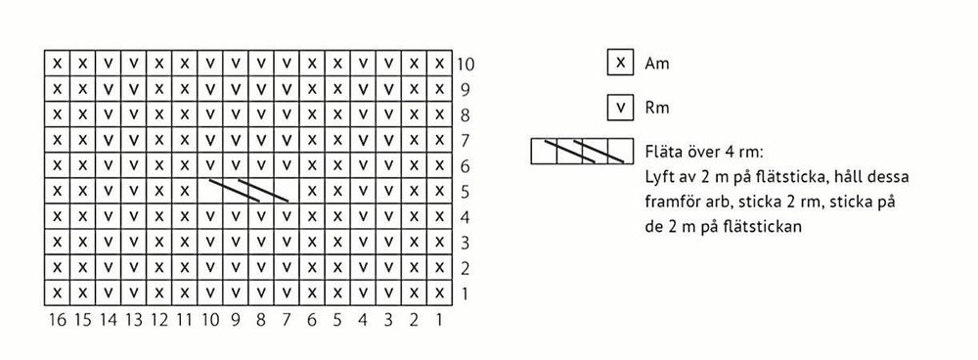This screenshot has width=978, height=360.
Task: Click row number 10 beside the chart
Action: [x=466, y=65]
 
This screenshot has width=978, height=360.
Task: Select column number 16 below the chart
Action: [x=57, y=320]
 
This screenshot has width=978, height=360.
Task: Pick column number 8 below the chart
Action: [x=261, y=320]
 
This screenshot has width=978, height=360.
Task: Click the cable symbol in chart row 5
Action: [x=248, y=190]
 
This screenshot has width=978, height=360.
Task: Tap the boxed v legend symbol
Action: [x=619, y=107]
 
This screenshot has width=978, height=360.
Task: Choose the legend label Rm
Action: [x=656, y=108]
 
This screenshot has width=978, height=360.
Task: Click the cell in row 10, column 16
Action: [x=58, y=65]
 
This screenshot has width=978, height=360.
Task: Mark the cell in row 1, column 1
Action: [x=439, y=292]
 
